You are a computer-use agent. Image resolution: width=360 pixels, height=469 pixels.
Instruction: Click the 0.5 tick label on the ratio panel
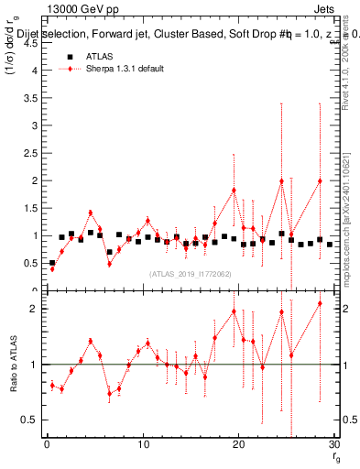coord(29,420)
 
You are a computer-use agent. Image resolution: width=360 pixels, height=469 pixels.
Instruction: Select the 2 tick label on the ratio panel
coord(33,309)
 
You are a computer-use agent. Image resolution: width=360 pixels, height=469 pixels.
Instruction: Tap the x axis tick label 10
coord(142,444)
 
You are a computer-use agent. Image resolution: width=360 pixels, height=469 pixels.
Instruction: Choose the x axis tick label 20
coord(238,444)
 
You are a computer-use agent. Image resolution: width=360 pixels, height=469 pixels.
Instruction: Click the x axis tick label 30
coord(333,444)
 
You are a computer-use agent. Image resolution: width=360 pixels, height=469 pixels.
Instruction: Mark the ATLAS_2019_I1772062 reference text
coord(189,273)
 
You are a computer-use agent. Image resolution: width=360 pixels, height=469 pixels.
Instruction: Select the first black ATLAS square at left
coord(52,263)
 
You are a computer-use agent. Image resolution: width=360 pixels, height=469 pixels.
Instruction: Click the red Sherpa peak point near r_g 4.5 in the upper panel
coord(91,213)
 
